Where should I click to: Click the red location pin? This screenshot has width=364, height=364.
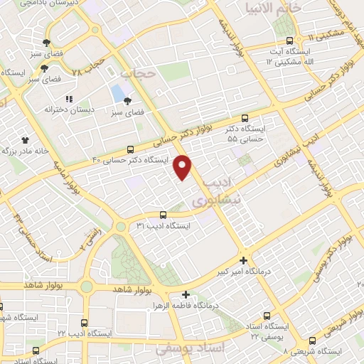click(183, 167)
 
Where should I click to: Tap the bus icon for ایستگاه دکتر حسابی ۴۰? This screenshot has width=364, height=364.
click(130, 150)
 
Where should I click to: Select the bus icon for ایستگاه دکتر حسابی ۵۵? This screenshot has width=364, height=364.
click(245, 118)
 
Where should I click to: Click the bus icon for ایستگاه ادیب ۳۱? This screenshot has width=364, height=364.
click(163, 214)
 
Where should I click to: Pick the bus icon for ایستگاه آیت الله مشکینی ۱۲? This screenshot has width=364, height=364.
click(289, 41)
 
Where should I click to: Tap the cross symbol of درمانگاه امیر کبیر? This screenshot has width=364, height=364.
click(244, 260)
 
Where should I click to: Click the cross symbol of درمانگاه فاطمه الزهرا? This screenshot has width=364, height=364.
click(186, 294)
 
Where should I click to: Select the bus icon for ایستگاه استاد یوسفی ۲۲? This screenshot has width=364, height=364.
click(267, 315)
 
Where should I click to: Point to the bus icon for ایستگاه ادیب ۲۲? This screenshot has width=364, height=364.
click(85, 323)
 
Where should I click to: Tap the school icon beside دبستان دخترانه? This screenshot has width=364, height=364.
click(69, 99)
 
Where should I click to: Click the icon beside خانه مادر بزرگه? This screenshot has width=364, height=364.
click(25, 140)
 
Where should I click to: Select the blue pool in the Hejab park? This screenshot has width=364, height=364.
click(117, 93)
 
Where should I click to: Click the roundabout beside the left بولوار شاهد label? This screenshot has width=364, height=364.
click(87, 286)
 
